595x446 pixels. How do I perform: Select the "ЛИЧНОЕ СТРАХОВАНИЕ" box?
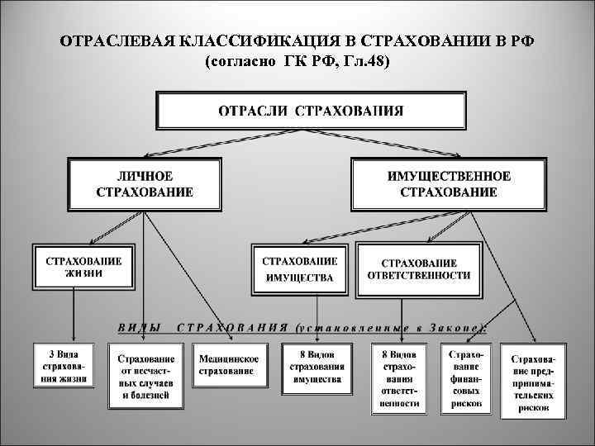tap(145, 184)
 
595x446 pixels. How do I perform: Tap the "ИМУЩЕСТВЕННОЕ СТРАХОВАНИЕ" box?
tap(449, 184)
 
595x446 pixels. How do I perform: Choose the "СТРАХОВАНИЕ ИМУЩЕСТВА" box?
tap(299, 268)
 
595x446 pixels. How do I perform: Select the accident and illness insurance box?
tap(145, 377)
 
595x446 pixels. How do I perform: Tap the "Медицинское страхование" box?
tap(229, 365)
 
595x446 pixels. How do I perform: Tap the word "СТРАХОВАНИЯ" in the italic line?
tap(232, 326)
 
